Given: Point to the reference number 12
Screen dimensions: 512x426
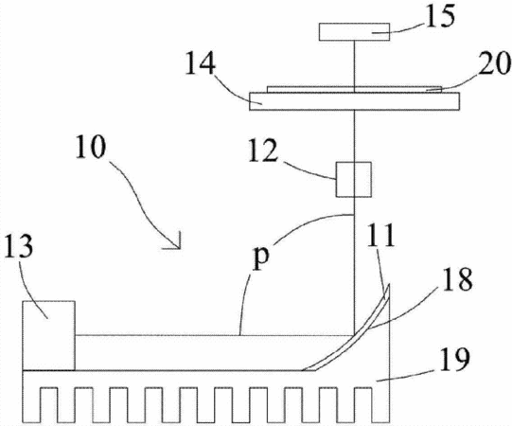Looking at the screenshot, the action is (263, 150).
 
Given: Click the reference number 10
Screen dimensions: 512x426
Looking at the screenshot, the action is (91, 147).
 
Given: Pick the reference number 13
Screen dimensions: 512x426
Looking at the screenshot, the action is (19, 246).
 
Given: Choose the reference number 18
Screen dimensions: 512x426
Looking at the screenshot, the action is (457, 278).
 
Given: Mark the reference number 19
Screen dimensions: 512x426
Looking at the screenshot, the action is (454, 360).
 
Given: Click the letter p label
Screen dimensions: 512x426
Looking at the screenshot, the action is (261, 257).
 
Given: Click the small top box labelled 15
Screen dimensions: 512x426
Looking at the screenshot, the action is (354, 32).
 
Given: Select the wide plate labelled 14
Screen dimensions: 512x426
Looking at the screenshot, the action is (355, 101).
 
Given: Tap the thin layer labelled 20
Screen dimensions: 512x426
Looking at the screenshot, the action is (355, 89).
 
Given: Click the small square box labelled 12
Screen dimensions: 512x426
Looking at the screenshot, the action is (354, 179).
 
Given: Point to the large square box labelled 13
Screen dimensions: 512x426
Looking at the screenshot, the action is (48, 335).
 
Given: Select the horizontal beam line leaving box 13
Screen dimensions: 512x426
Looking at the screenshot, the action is (215, 335).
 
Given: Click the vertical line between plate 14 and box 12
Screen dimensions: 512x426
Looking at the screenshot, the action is (354, 136).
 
